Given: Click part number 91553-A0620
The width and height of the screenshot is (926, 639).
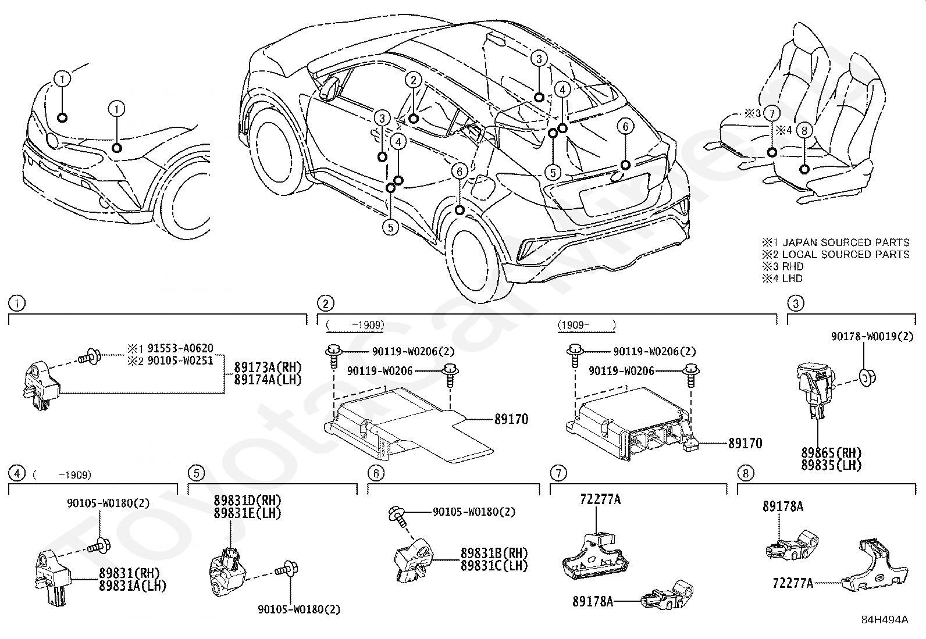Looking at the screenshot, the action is tap(180, 348).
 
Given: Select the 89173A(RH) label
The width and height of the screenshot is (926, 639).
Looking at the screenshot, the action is tap(268, 367).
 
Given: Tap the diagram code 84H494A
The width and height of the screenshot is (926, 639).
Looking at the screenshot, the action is tap(885, 620).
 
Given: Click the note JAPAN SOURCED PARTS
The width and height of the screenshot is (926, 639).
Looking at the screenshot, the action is tap(846, 242).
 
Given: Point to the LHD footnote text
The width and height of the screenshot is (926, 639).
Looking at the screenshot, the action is tap(792, 279).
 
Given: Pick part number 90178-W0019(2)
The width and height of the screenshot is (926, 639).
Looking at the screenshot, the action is tap(872, 337).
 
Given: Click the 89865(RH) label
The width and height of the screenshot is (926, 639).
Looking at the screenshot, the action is tap(832, 452).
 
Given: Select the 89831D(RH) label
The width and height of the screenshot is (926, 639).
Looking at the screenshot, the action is tap(247, 501).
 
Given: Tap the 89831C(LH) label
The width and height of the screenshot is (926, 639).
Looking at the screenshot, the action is tap(494, 566).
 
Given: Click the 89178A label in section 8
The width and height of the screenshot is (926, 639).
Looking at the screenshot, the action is tap(783, 507).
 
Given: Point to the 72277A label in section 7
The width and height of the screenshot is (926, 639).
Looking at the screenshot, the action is tap(600, 499).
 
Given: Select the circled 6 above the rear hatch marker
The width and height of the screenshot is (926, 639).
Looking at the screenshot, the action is tap(625, 127).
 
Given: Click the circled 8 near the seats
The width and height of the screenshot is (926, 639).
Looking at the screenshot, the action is tap(804, 131).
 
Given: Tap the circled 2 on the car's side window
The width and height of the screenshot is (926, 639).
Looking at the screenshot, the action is tap(414, 80).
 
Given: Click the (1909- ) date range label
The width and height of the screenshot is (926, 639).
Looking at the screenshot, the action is tap(587, 325).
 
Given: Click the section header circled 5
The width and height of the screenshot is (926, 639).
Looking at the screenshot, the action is tap(197, 473).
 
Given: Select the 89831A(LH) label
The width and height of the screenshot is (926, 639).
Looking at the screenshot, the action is tap(132, 586).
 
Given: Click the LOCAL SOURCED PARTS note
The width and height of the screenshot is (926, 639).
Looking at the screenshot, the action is tap(846, 255).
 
